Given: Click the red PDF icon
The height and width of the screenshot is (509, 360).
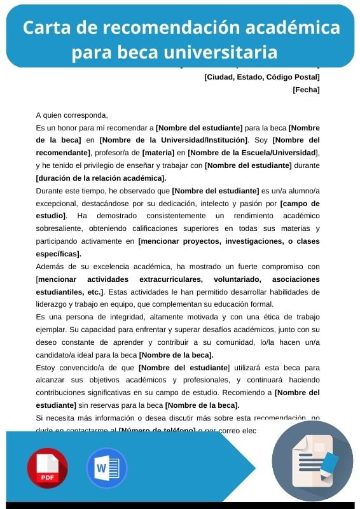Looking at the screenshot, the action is (x=47, y=468).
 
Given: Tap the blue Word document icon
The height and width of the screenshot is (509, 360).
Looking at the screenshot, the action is (x=107, y=468).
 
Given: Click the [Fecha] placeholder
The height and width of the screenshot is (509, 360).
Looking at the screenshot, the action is (x=306, y=90).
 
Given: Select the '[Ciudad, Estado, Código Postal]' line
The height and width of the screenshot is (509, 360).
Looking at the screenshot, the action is (x=261, y=77).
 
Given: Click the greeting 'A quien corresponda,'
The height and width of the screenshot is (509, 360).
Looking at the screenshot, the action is (x=72, y=115).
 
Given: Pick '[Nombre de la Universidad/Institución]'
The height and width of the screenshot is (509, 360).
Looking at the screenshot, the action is (x=173, y=140).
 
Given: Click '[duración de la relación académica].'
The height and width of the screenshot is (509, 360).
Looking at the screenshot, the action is (x=101, y=178).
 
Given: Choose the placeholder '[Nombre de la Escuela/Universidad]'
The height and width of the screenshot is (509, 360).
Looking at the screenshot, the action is (x=252, y=153).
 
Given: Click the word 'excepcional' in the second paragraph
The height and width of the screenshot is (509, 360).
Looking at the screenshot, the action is (x=55, y=204).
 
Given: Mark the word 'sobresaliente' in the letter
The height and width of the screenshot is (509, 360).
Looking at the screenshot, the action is (x=60, y=228).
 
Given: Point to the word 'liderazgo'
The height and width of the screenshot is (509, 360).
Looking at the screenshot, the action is (x=53, y=304).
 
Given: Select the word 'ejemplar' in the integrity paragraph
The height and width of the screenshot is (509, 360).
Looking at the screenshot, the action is (x=52, y=330).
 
